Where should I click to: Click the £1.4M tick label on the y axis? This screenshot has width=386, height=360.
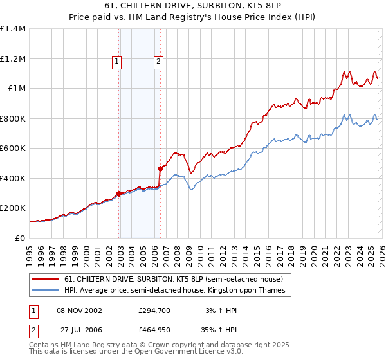click(x=13, y=29)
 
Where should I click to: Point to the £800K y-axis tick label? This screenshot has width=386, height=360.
click(x=12, y=118)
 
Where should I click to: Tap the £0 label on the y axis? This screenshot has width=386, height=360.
click(x=19, y=238)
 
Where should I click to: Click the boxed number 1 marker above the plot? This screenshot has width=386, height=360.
click(x=117, y=62)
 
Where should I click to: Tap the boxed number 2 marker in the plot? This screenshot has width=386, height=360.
click(x=158, y=62)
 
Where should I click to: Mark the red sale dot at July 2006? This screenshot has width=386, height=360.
click(x=160, y=168)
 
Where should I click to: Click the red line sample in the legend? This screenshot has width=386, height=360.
click(x=45, y=279)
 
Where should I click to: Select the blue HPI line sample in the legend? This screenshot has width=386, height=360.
click(x=45, y=291)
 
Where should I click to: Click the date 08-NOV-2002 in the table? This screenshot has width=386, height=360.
click(x=79, y=310)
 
